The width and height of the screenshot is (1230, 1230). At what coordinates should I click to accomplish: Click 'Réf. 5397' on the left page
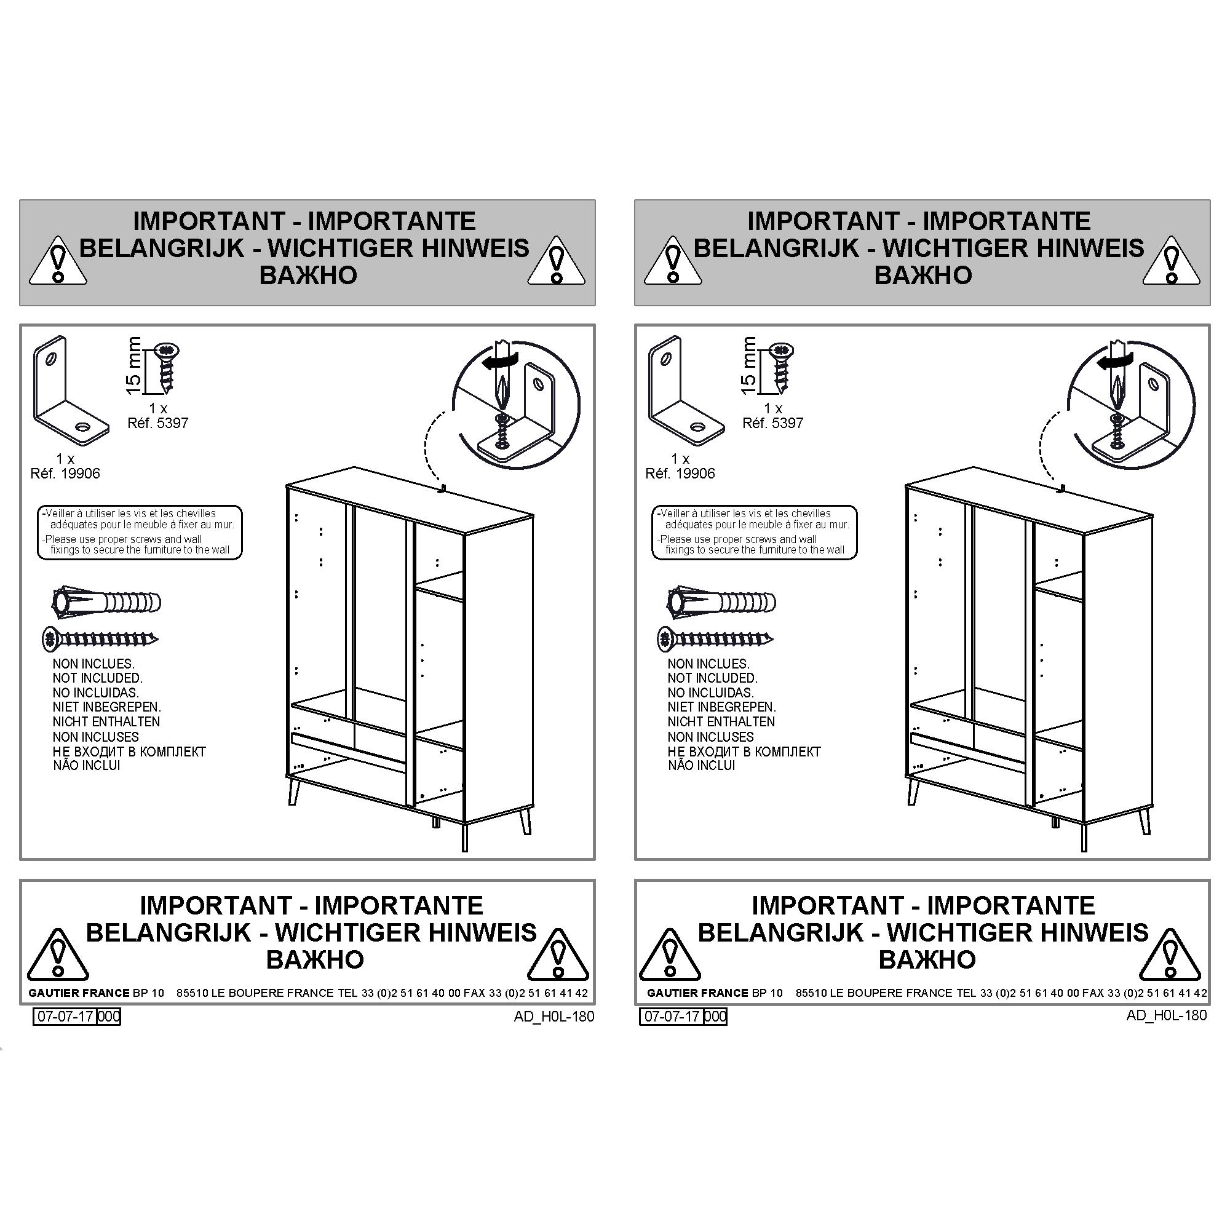point(158,423)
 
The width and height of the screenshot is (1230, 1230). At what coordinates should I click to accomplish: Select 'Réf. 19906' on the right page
point(680,474)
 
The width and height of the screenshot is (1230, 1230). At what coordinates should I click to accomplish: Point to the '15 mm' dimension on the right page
point(748,365)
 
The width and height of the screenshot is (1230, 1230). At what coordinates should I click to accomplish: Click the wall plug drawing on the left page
point(106,601)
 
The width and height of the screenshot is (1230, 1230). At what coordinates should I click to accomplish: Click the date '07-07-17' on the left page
point(65,1017)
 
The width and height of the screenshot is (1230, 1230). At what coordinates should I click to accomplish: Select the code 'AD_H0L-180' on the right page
point(1166,1015)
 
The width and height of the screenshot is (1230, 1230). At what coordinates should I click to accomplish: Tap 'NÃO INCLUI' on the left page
point(87,765)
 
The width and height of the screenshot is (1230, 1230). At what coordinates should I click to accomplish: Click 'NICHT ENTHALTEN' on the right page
point(721,721)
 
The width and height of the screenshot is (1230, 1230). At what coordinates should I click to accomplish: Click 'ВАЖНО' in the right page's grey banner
point(922,276)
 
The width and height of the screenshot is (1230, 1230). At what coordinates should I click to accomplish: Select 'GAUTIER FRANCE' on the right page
point(698,993)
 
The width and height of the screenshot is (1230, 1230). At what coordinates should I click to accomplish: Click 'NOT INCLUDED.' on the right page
point(712,678)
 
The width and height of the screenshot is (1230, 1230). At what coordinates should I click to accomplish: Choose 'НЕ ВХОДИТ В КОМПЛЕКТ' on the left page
point(129,752)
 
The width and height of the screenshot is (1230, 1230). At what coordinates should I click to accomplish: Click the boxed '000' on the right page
point(716,1017)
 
